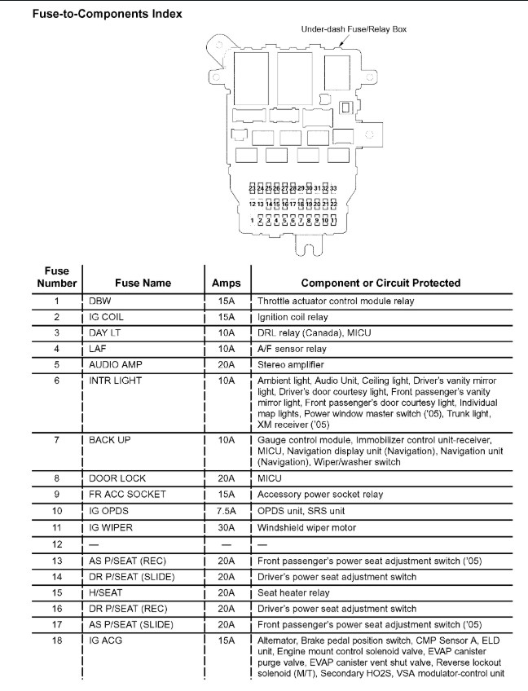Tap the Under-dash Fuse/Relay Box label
click(354, 29)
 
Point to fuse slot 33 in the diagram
click(333, 187)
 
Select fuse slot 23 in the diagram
click(252, 187)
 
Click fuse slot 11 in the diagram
click(333, 221)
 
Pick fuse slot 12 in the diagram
click(252, 204)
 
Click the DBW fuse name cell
click(99, 301)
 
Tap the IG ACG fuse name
click(105, 640)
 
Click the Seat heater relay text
click(295, 593)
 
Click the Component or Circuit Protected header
click(381, 283)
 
